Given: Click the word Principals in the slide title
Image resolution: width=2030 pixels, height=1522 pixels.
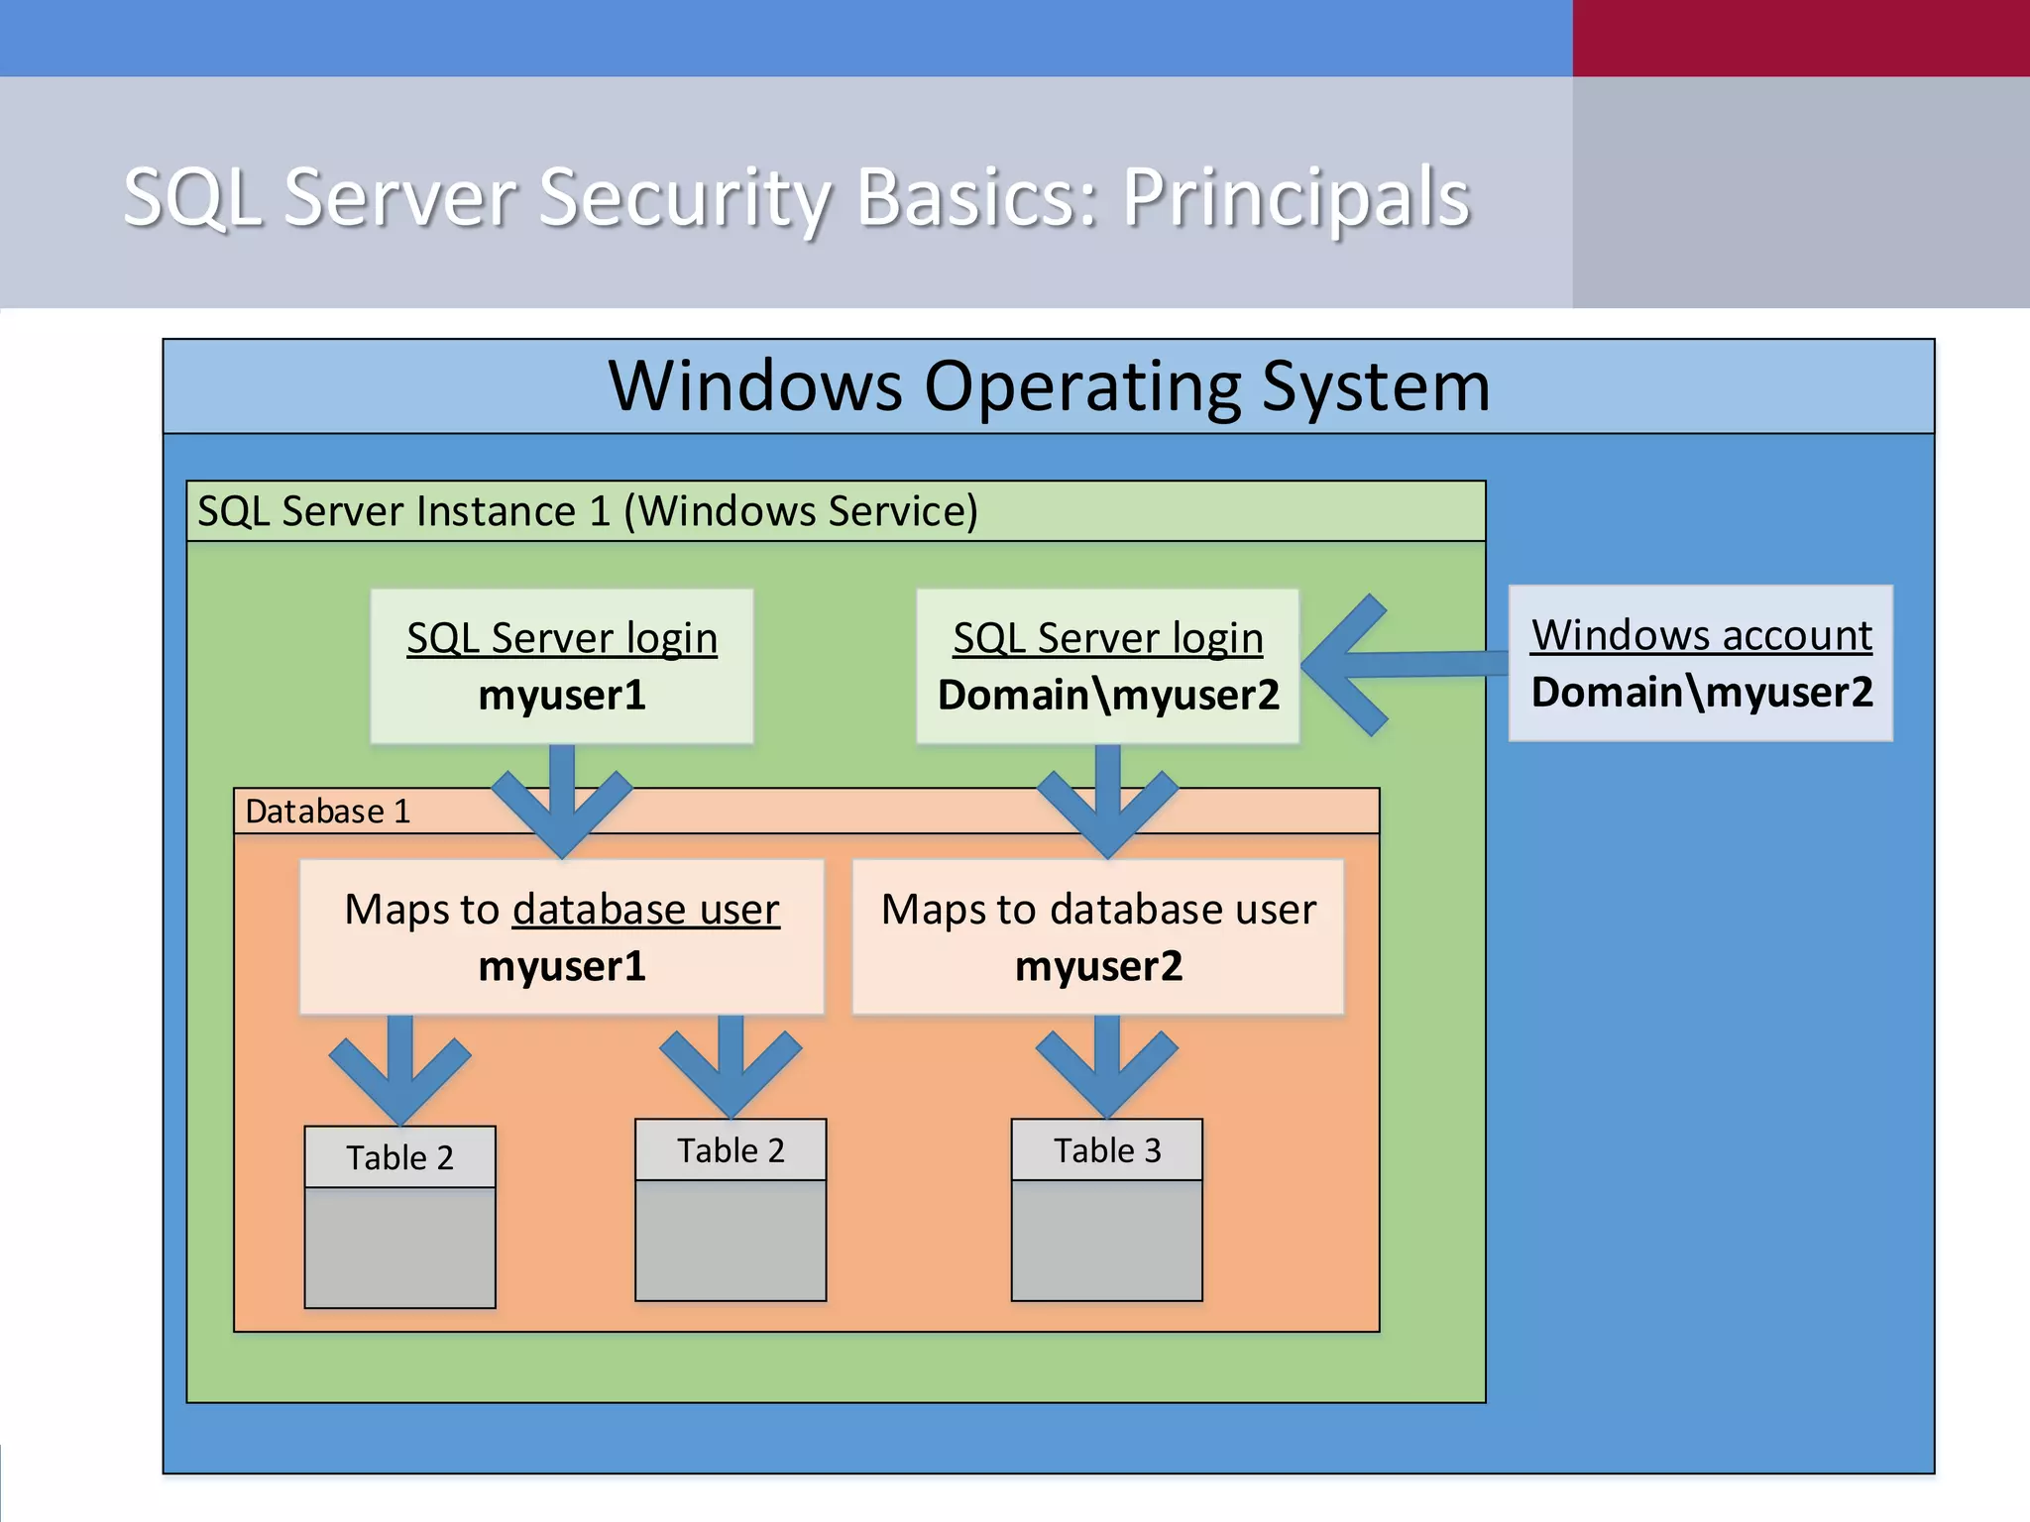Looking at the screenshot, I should point(1296,198).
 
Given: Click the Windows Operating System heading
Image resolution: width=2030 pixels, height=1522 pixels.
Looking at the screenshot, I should point(1049,386).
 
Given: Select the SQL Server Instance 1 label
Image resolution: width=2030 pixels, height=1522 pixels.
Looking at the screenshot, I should point(588,511).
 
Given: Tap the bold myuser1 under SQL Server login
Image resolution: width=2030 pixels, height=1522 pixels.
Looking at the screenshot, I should point(562,695).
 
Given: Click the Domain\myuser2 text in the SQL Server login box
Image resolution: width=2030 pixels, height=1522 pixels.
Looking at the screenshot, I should point(1108,695).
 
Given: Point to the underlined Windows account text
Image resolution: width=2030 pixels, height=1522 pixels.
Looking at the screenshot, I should point(1701,635).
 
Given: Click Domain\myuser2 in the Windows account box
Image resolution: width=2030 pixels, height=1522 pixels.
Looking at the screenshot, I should point(1701,692).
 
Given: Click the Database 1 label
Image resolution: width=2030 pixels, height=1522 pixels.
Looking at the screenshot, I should point(327,812).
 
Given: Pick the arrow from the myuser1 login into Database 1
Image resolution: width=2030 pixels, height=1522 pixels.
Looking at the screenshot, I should point(562,803).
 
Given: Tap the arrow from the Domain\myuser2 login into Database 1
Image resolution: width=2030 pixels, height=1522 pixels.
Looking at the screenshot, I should point(1107,803).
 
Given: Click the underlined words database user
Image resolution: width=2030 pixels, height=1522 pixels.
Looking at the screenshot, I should point(645,910).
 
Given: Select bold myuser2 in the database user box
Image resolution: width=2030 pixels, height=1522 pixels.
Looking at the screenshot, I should point(1098,966).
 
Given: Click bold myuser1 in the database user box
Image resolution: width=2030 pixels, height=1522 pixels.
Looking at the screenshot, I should point(562,966).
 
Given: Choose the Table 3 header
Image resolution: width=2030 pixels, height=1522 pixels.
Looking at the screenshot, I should point(1106,1150).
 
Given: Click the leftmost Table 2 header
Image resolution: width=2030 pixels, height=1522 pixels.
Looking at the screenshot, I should point(399,1157).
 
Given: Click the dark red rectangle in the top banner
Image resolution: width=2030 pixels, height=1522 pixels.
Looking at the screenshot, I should point(1800,38).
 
